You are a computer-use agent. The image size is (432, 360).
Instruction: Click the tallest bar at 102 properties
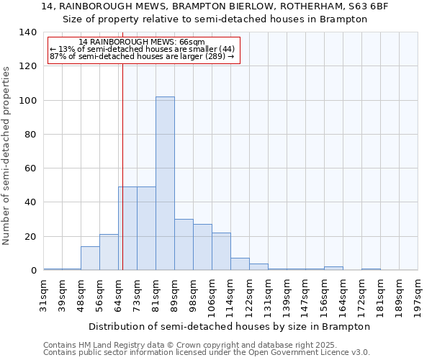[165, 184]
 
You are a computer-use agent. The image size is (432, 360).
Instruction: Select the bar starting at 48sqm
[90, 258]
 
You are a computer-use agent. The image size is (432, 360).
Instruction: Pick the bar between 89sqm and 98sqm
[184, 245]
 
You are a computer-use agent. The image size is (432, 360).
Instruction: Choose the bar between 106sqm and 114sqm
[221, 252]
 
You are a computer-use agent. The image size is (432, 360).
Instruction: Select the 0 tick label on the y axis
[33, 271]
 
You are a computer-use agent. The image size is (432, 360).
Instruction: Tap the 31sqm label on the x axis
[44, 294]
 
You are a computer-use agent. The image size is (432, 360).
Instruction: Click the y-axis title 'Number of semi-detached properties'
[6, 156]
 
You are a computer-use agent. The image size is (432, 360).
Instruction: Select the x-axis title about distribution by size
[230, 326]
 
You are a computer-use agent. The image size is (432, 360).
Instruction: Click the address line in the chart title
[215, 6]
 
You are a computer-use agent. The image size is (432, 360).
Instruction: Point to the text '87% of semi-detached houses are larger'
[142, 56]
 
